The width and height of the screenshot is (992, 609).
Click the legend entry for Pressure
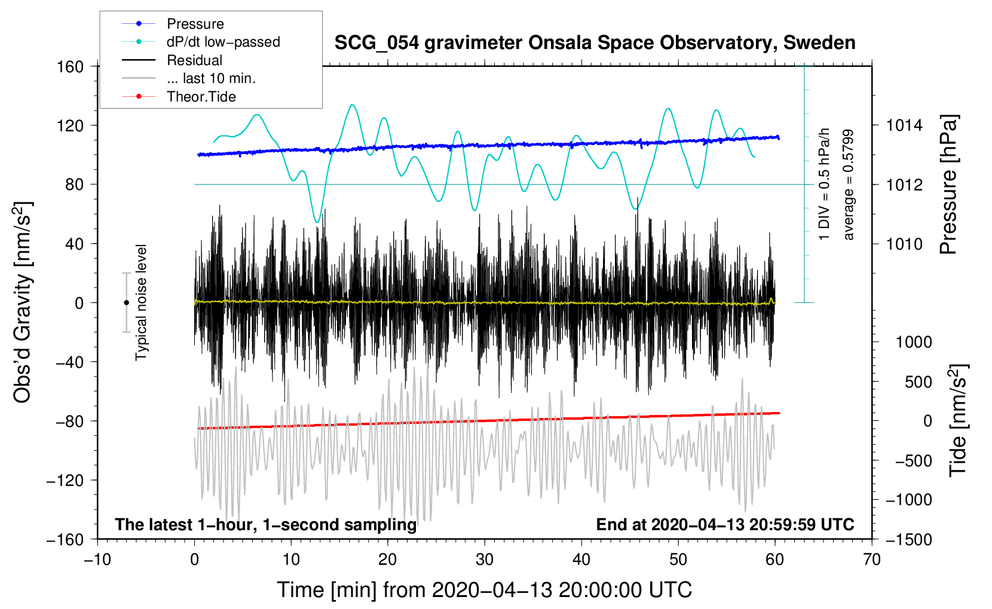pyautogui.click(x=173, y=23)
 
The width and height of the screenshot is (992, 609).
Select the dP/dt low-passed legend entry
pyautogui.click(x=201, y=42)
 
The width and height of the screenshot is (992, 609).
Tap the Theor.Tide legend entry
pyautogui.click(x=179, y=97)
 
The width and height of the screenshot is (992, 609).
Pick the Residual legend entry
pyautogui.click(x=172, y=60)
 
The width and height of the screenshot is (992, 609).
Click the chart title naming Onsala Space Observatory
pyautogui.click(x=595, y=43)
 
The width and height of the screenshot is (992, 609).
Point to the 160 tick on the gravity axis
pyautogui.click(x=70, y=67)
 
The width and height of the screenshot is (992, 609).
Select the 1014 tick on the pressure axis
pyautogui.click(x=904, y=126)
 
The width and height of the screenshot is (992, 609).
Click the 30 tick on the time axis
pyautogui.click(x=485, y=559)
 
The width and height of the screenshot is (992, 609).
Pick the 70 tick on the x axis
pyautogui.click(x=871, y=559)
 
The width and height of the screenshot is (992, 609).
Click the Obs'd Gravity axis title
pyautogui.click(x=22, y=302)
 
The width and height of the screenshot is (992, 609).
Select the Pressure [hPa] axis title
pyautogui.click(x=948, y=184)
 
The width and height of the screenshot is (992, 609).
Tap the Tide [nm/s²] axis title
pyautogui.click(x=959, y=420)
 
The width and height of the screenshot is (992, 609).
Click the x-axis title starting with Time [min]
pyautogui.click(x=485, y=590)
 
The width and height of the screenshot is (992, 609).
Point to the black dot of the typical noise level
pyautogui.click(x=126, y=303)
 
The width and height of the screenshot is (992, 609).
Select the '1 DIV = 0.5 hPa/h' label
pyautogui.click(x=823, y=184)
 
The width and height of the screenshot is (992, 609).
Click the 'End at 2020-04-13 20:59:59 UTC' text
pyautogui.click(x=725, y=524)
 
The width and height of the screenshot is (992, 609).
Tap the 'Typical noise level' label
pyautogui.click(x=141, y=302)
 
